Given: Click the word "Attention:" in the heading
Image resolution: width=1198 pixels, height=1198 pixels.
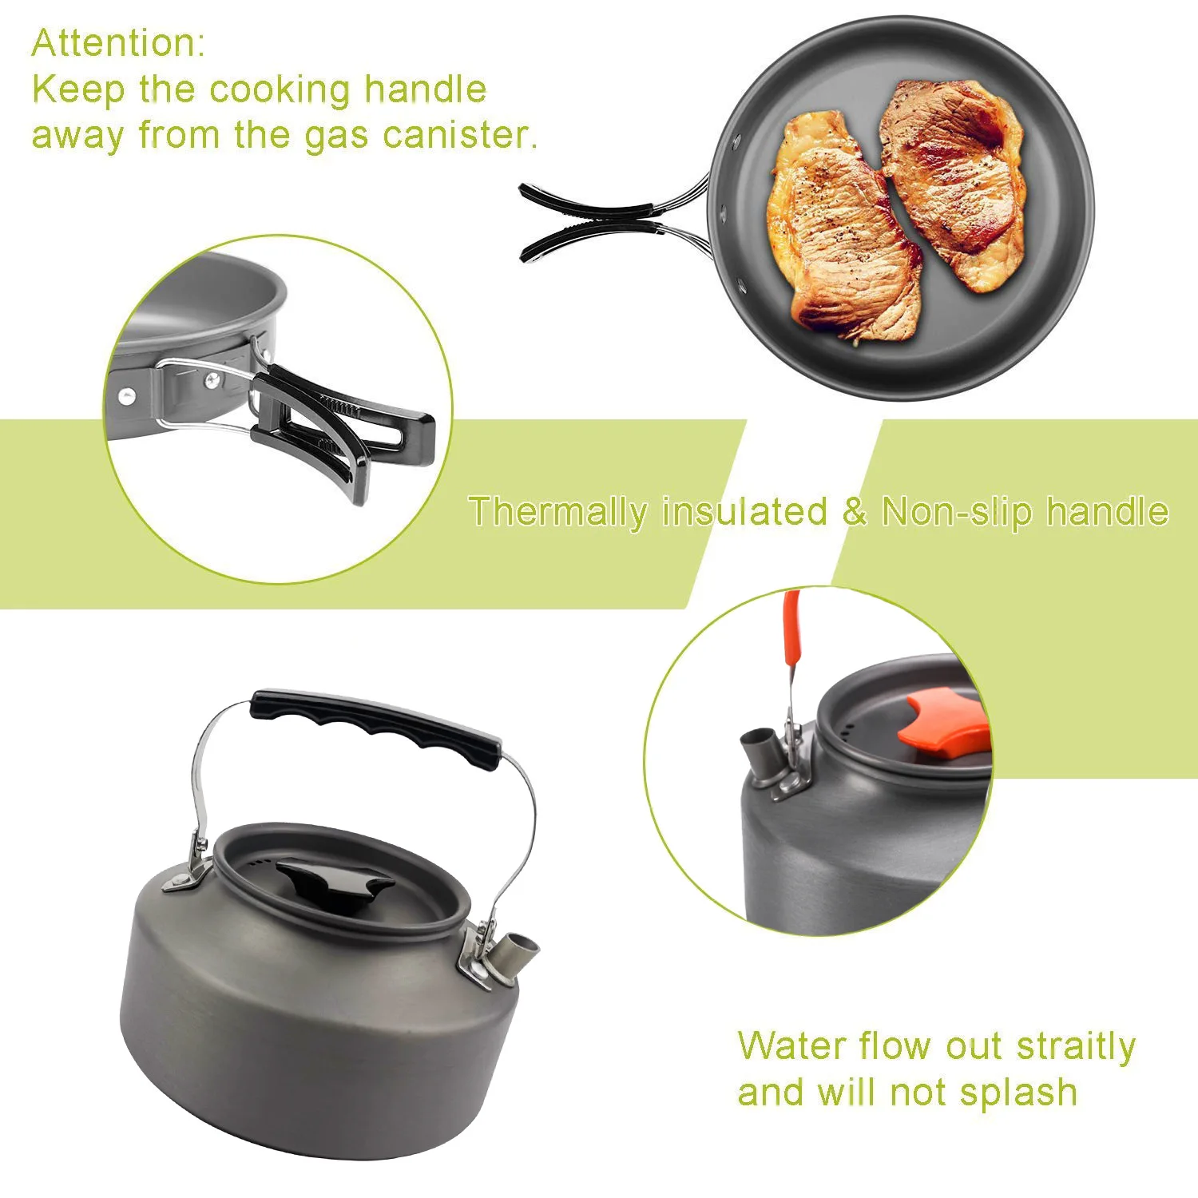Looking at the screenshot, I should click(118, 43).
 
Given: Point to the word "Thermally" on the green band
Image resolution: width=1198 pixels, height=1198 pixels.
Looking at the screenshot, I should click(557, 513).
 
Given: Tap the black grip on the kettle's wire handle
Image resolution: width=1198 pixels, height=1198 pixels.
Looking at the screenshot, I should click(375, 726).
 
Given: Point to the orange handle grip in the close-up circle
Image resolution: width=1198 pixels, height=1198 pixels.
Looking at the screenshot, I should click(792, 631).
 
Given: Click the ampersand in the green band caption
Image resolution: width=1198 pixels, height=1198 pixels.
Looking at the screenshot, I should click(854, 512).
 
